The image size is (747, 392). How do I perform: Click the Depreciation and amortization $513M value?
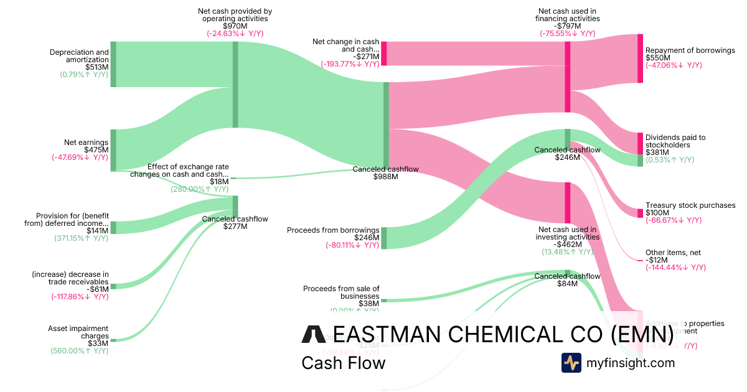point(96,67)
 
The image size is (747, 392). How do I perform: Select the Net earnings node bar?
point(113,149)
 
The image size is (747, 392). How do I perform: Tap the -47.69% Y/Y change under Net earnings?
point(80,157)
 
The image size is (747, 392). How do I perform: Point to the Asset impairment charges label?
point(78,332)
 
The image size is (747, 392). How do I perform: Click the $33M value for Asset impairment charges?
point(98,343)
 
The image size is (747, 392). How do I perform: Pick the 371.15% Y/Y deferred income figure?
point(81,238)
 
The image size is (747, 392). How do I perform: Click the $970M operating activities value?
point(235,26)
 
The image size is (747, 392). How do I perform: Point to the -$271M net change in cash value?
point(364,56)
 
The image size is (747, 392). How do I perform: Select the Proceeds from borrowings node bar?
point(384,238)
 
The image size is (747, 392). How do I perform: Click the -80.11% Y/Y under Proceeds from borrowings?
point(352,245)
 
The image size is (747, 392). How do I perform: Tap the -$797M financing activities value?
point(567,26)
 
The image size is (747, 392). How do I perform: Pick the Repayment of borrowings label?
point(690,50)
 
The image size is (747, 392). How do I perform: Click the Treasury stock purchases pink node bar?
point(640,213)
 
